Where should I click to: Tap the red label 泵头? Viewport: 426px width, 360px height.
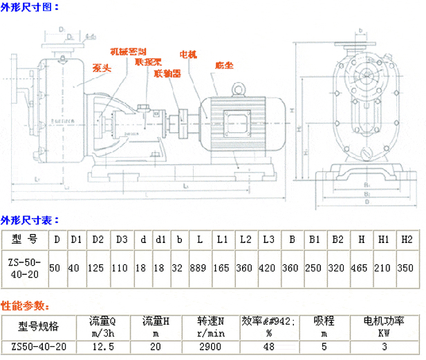click(x=102, y=67)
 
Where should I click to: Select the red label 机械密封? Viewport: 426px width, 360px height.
click(x=129, y=52)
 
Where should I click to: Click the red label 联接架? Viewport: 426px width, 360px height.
click(x=149, y=61)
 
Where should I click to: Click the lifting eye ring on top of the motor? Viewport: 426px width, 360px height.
click(x=239, y=89)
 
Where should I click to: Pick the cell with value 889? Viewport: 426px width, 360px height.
click(x=200, y=267)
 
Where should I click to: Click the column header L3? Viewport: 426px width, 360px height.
click(x=268, y=240)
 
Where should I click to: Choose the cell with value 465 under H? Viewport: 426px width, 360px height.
click(x=362, y=267)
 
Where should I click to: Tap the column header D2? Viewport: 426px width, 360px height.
click(x=98, y=240)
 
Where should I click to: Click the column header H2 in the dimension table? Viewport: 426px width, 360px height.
click(x=407, y=240)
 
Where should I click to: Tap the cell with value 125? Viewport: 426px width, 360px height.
click(x=98, y=267)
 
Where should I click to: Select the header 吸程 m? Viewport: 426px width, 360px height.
click(x=324, y=326)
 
